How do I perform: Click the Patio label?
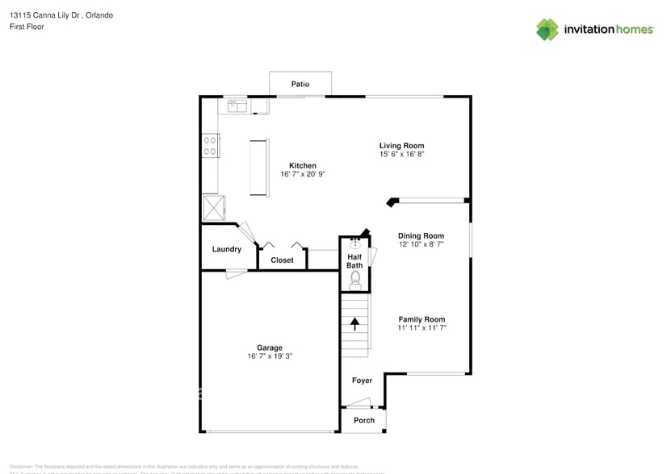click(300, 84)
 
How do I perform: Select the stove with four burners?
click(210, 145)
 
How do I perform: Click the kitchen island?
click(259, 167)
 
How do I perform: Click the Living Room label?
click(401, 146)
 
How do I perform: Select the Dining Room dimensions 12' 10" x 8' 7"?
click(421, 244)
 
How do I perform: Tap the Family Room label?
click(421, 319)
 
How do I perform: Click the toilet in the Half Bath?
click(355, 280)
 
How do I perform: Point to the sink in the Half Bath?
click(355, 244)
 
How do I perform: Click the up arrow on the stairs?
click(354, 323)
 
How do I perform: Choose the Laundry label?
click(226, 249)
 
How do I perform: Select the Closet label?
click(282, 260)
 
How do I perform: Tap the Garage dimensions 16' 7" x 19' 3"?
click(270, 356)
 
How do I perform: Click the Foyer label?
click(362, 380)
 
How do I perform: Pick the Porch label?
click(363, 420)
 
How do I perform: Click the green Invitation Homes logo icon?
click(547, 29)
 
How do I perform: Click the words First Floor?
click(27, 27)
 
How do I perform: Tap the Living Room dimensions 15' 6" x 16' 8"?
click(401, 154)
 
